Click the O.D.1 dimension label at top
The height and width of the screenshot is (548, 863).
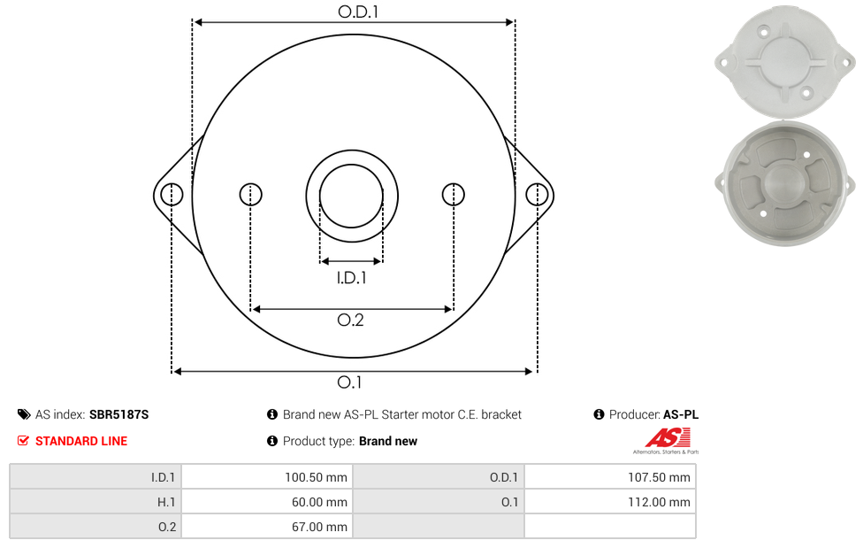tap(352, 12)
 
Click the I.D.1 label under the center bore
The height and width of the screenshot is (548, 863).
tap(351, 278)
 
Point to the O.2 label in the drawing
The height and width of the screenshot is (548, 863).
tap(351, 320)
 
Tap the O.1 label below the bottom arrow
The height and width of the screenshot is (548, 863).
tap(350, 382)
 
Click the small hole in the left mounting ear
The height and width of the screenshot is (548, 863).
tap(172, 194)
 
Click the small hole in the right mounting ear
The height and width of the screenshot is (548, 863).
tap(536, 194)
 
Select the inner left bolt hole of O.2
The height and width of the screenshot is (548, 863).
tap(250, 194)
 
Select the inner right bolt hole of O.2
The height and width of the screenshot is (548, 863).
tap(453, 194)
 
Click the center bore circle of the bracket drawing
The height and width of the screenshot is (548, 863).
tap(351, 194)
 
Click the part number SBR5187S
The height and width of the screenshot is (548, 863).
tap(118, 414)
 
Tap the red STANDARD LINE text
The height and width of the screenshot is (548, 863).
tap(80, 441)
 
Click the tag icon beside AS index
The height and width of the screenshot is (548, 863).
tap(24, 414)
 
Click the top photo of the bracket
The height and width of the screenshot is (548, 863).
tap(783, 60)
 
